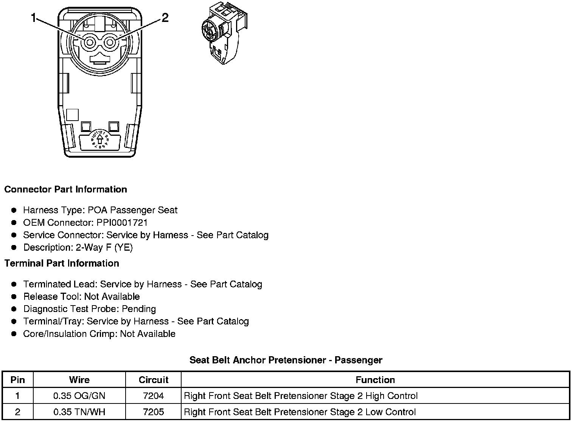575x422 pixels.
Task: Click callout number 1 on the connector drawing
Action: pos(34,18)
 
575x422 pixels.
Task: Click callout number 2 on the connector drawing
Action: pos(165,17)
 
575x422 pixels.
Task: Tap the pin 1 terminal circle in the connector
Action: pos(90,43)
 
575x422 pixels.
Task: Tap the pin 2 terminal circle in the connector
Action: pos(110,42)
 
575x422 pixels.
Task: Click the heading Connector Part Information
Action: pos(65,189)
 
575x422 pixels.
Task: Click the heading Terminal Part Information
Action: pos(62,263)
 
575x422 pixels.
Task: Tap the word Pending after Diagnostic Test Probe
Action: pos(139,309)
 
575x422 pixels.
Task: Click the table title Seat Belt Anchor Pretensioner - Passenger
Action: pos(286,360)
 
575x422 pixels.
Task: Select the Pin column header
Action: pos(18,380)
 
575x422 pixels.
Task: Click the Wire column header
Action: pos(79,380)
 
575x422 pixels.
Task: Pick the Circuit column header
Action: pos(153,380)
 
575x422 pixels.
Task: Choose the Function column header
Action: pos(375,380)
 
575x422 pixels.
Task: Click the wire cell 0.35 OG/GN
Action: pos(79,396)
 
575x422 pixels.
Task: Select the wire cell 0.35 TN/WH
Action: pos(79,412)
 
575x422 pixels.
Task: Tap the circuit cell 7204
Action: pos(153,396)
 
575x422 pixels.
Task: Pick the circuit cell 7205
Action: pos(153,412)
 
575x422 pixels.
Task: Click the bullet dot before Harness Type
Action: pos(14,210)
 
